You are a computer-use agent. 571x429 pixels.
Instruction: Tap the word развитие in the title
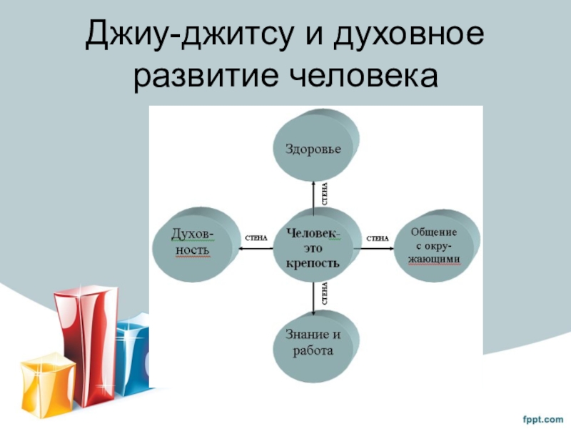click(x=203, y=77)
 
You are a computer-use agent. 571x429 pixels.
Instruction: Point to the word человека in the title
click(x=360, y=77)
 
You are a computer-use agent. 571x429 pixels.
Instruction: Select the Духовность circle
click(x=191, y=243)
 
